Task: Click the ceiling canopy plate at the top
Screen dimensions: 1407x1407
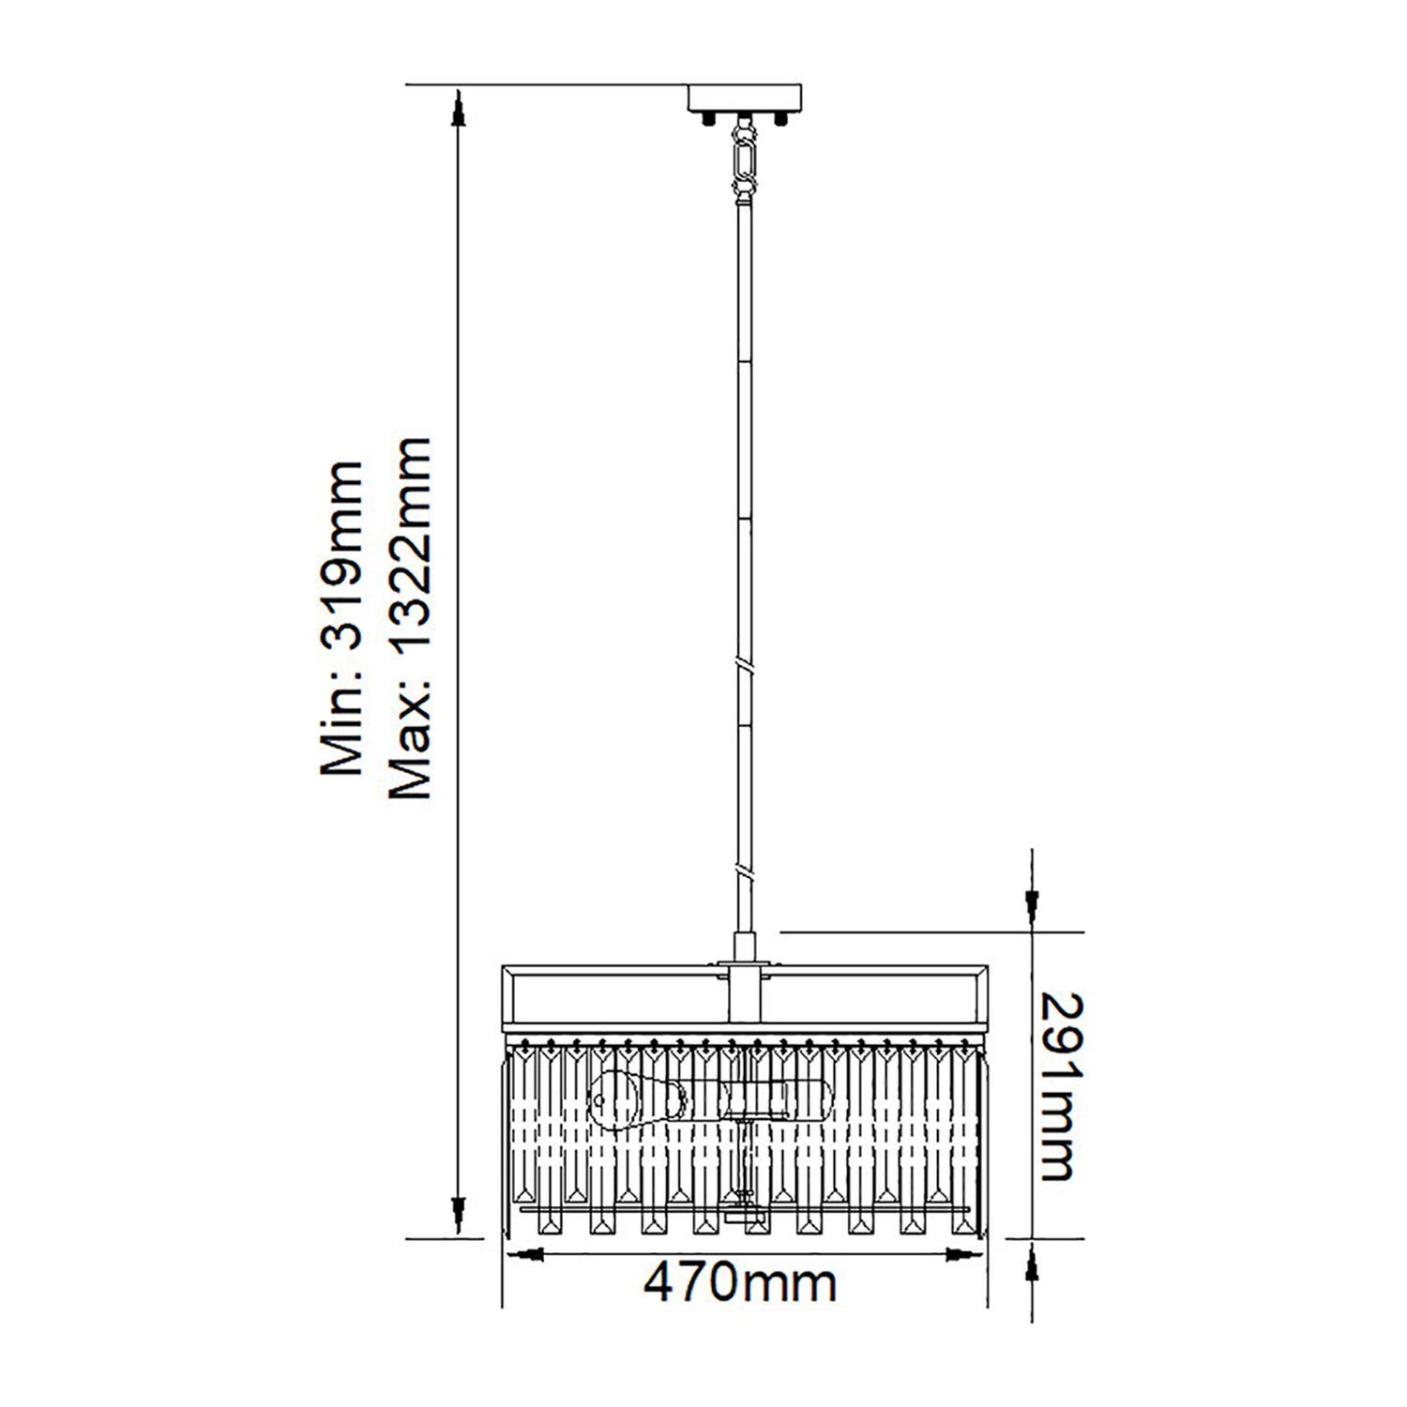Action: tap(746, 98)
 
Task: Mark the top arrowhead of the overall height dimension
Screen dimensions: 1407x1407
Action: tap(458, 108)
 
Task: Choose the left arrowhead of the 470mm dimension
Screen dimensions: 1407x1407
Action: tap(527, 1254)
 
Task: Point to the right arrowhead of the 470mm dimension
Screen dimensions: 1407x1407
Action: tap(961, 1254)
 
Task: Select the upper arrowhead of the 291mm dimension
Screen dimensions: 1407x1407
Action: tap(1033, 906)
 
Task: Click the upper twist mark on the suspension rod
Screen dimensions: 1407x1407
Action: tap(746, 668)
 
